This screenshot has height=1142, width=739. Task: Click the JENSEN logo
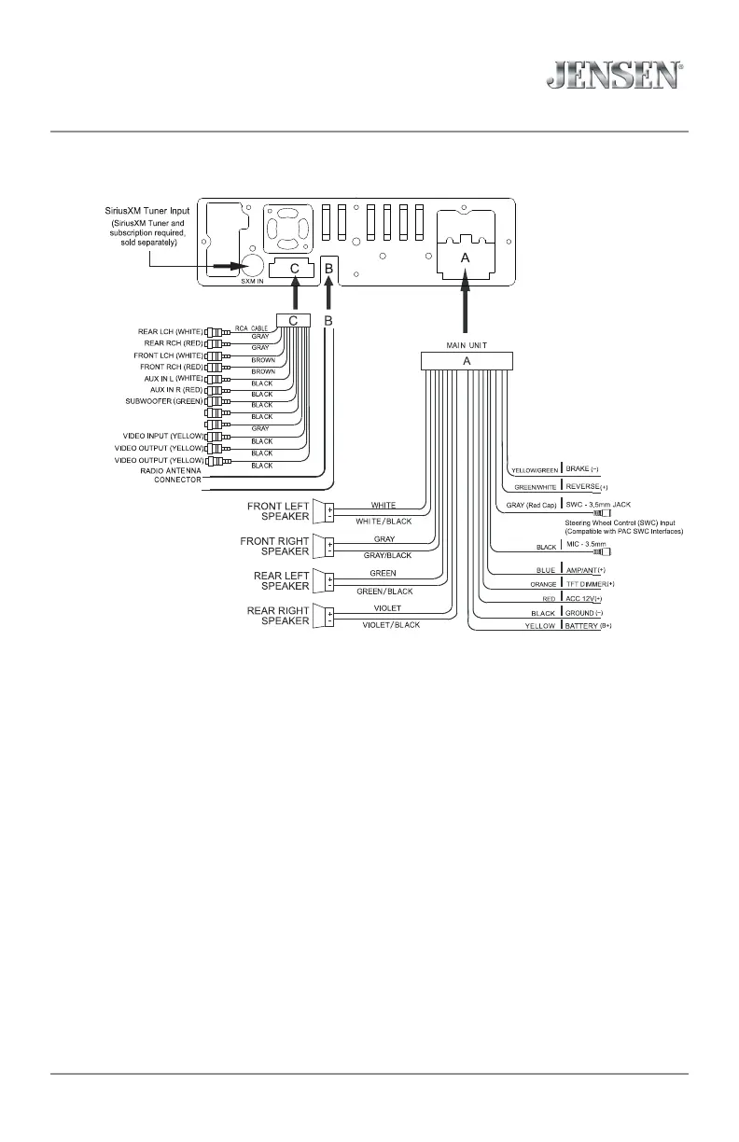pyautogui.click(x=612, y=76)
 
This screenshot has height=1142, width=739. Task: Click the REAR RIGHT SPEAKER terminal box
pyautogui.click(x=330, y=616)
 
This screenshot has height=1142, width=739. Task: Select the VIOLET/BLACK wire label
pyautogui.click(x=390, y=625)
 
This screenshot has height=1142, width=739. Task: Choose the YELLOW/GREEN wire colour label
pyautogui.click(x=534, y=469)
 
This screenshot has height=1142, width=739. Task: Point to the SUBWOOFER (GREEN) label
pyautogui.click(x=163, y=401)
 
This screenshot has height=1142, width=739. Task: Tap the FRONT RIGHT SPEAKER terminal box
pyautogui.click(x=330, y=547)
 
